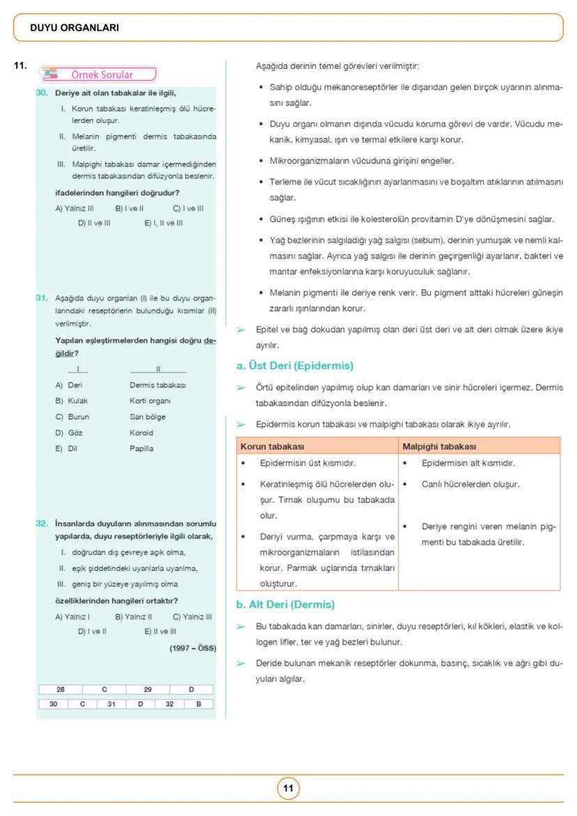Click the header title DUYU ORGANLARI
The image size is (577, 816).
pyautogui.click(x=75, y=28)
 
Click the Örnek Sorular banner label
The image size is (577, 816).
pyautogui.click(x=102, y=75)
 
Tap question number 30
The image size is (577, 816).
pyautogui.click(x=42, y=93)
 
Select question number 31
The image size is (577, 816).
pyautogui.click(x=42, y=298)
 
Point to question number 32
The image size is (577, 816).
pyautogui.click(x=42, y=523)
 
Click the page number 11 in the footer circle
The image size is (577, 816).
pyautogui.click(x=288, y=789)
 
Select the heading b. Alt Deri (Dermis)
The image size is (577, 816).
pyautogui.click(x=286, y=604)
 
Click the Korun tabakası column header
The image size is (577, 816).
pyautogui.click(x=272, y=446)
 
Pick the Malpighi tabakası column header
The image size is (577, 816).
pyautogui.click(x=439, y=446)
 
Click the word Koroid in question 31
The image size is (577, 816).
pyautogui.click(x=141, y=433)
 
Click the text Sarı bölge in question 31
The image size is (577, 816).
pyautogui.click(x=148, y=417)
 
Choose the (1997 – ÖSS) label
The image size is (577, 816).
pyautogui.click(x=192, y=648)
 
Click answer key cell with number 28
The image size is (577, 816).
pyautogui.click(x=61, y=689)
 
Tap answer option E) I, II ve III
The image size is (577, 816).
pyautogui.click(x=163, y=223)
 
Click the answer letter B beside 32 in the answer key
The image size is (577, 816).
pyautogui.click(x=199, y=704)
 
